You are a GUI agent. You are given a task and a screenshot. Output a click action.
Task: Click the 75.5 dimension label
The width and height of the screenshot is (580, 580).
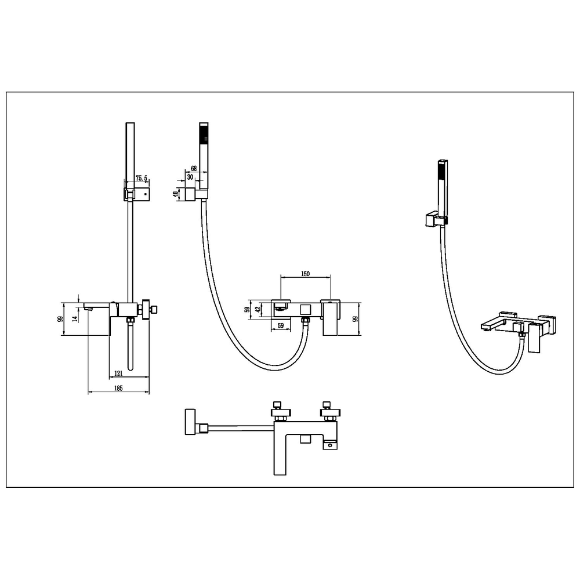(142, 178)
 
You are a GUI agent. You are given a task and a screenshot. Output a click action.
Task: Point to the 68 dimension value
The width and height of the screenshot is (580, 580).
(194, 169)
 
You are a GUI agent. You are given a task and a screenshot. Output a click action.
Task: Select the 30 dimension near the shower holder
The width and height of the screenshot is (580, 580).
(190, 177)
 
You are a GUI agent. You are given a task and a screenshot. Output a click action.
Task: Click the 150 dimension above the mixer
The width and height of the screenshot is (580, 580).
(305, 274)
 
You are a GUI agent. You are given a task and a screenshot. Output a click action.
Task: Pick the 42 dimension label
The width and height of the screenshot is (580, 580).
(259, 308)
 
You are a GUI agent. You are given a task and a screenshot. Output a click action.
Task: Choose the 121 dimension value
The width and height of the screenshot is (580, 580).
(118, 373)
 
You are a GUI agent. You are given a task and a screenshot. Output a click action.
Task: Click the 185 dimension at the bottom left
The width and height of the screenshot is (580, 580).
(118, 388)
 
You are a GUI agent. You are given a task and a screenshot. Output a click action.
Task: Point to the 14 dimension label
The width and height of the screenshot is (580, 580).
(75, 318)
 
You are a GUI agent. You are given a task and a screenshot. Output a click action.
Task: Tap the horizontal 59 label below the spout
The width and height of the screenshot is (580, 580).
(280, 326)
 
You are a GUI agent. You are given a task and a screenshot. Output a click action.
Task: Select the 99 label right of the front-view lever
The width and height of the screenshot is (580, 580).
(356, 319)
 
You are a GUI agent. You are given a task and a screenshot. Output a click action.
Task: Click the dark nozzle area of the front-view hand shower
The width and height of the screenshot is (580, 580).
(204, 134)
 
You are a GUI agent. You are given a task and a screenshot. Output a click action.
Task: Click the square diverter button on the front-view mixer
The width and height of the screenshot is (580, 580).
(305, 310)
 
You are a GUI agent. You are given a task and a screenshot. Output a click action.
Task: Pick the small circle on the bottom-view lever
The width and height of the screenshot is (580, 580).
(330, 445)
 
